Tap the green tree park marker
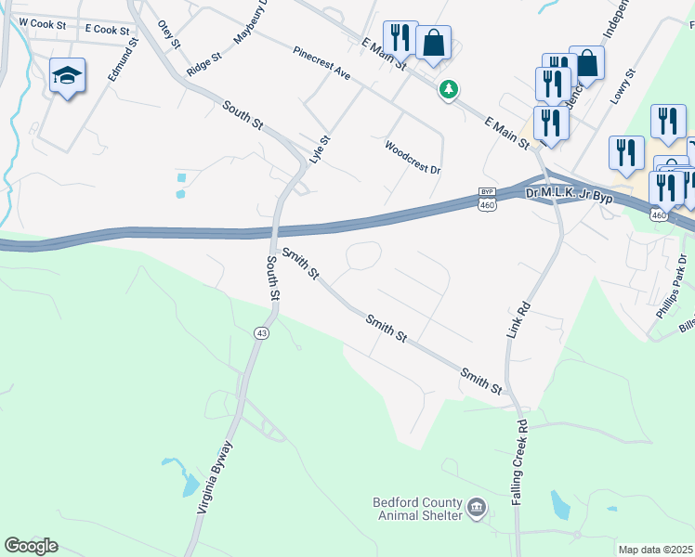(x=450, y=90)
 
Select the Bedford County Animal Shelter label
(x=417, y=509)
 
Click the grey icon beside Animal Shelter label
(x=477, y=507)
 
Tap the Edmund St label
(x=123, y=59)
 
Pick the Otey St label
(x=168, y=33)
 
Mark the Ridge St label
(x=203, y=63)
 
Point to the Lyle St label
(x=320, y=151)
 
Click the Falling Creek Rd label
(x=520, y=461)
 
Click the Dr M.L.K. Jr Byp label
(x=569, y=194)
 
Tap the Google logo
(x=31, y=545)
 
